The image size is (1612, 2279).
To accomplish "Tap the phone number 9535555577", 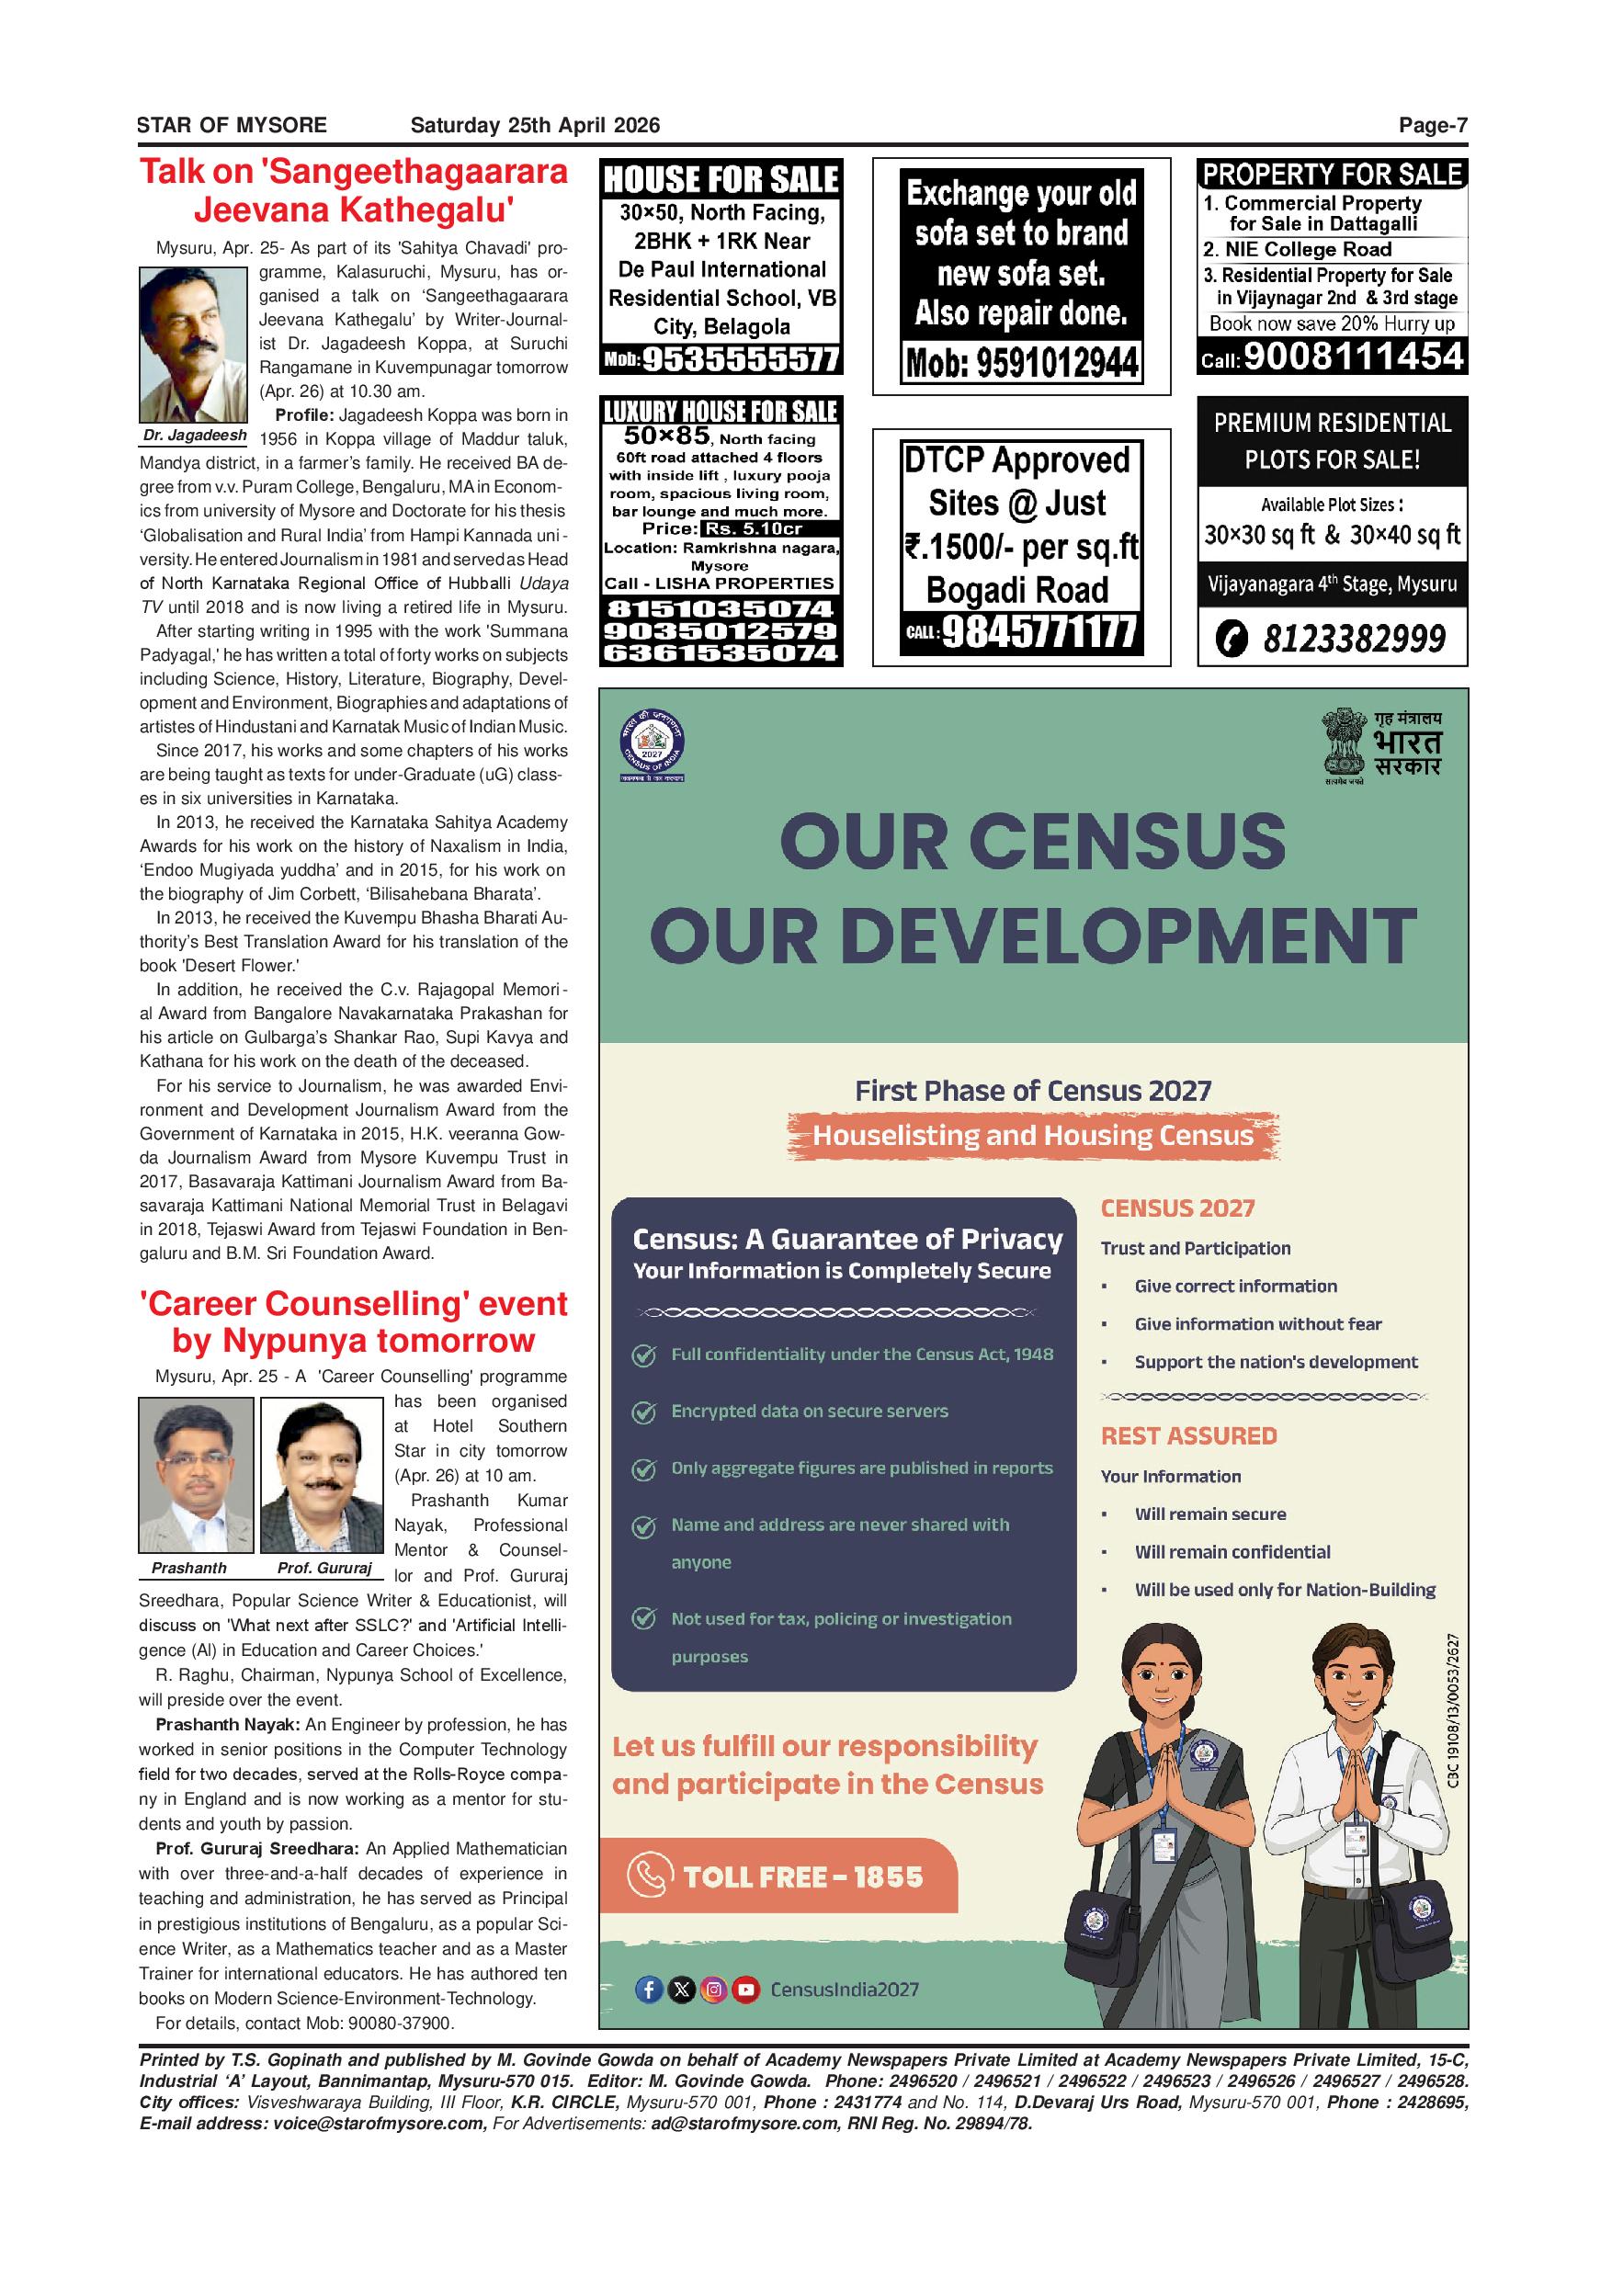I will [x=740, y=359].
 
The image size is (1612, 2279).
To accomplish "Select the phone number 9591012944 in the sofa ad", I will [x=1021, y=364].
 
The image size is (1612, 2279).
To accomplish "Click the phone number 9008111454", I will [x=1353, y=357].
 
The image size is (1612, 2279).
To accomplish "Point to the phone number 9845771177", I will [x=1038, y=631].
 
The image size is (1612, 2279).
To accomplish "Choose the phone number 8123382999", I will [x=1353, y=639].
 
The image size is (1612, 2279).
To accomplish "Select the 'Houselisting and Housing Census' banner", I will [x=1032, y=1136].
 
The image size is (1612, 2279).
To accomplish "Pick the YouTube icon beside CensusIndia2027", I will [x=745, y=1990].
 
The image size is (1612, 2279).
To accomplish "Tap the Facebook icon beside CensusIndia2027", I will [x=648, y=1990].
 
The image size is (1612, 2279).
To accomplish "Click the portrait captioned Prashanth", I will [x=196, y=1475].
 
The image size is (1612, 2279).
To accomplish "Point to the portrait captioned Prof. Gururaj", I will [x=321, y=1475].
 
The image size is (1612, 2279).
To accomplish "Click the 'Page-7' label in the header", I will [x=1433, y=125].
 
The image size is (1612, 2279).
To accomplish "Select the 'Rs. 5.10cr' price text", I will [x=752, y=529].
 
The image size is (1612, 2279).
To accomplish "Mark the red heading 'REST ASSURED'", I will [x=1188, y=1436].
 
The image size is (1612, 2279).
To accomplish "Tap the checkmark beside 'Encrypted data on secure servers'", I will [x=644, y=1412].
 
